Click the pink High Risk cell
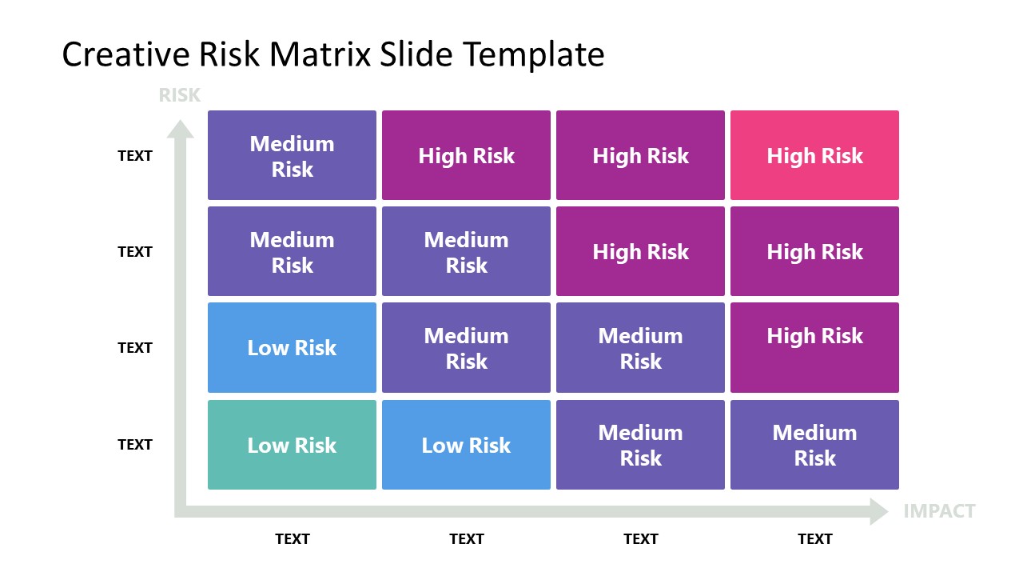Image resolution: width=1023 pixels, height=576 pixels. coord(814,155)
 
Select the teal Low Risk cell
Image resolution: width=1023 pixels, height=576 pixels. coord(292,445)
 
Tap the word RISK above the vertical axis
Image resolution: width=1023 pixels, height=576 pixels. coord(179,95)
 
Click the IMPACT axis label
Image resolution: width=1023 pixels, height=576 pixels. coord(939,511)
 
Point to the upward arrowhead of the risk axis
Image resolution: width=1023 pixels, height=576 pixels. coord(180,128)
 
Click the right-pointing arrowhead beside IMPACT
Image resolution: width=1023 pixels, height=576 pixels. coord(879,511)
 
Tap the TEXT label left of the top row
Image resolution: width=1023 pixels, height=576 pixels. coord(135,156)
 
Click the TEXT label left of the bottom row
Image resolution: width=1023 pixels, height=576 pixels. coord(135,445)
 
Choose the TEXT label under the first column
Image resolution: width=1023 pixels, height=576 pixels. coord(292,539)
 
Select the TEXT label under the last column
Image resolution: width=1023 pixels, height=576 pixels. coord(814,539)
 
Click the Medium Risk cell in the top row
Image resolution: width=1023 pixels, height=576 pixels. coord(292,155)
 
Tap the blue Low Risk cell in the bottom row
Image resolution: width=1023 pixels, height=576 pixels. coord(466,445)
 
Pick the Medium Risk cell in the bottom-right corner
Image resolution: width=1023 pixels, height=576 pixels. coord(814,445)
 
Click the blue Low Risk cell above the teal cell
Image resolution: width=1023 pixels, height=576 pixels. coord(292,347)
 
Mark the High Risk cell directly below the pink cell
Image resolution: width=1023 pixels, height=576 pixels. coord(814,251)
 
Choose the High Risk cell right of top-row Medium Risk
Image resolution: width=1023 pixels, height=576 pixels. coord(466,155)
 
